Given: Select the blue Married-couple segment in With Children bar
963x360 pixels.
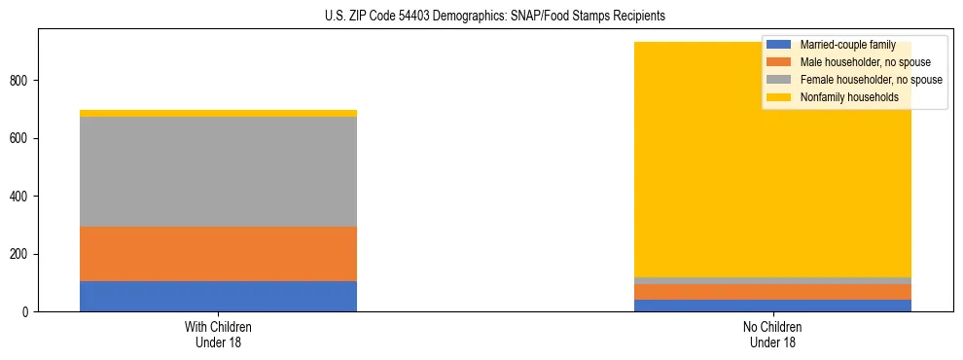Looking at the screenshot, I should point(218,296).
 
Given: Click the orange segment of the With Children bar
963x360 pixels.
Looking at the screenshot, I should point(218,254).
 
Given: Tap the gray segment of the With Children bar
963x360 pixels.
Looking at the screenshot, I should point(218,171).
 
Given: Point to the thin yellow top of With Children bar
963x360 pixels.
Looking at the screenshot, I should point(218,113).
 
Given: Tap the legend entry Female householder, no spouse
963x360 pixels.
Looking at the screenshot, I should point(870,80).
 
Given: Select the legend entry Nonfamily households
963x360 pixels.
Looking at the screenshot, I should point(849,97).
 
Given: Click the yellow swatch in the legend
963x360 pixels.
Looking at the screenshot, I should point(779,97).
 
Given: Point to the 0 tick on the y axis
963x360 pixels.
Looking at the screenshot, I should point(29,312).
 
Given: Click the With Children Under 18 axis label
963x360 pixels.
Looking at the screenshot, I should point(218,335).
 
